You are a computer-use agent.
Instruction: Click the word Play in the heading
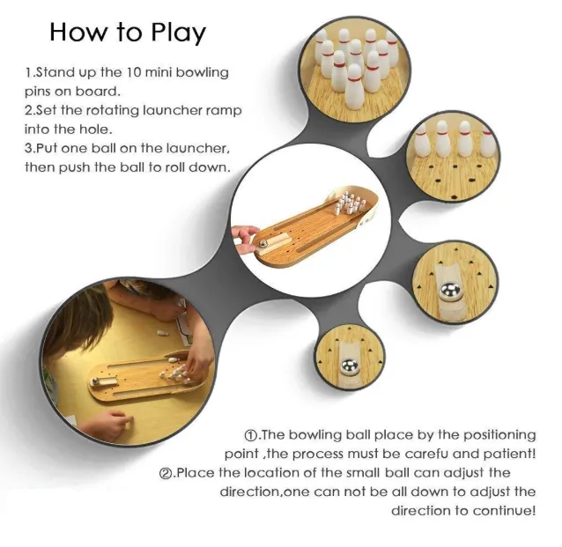(x=178, y=33)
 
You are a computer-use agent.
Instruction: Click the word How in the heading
(x=78, y=33)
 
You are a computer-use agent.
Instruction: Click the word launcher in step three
(x=190, y=148)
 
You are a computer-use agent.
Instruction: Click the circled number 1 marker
(x=251, y=435)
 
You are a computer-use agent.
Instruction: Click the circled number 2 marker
(x=166, y=474)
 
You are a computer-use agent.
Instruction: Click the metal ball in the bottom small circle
(x=350, y=366)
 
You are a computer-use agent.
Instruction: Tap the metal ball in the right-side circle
(x=450, y=290)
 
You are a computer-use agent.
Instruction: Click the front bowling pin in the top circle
(x=354, y=83)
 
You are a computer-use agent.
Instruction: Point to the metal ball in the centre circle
(x=263, y=243)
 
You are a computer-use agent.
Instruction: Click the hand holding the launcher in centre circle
(x=245, y=238)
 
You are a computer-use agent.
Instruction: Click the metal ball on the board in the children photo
(x=95, y=381)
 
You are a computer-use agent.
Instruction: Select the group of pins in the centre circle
(x=349, y=203)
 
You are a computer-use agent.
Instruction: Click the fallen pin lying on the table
(x=162, y=334)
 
